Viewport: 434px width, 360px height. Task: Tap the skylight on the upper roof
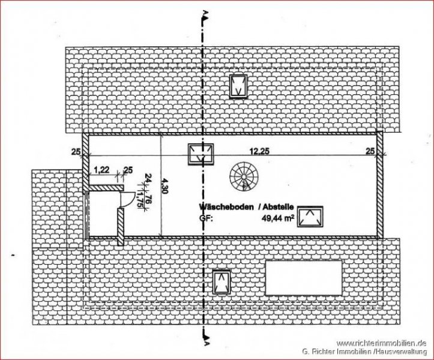[238, 86]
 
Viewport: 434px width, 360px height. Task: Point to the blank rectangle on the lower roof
[303, 278]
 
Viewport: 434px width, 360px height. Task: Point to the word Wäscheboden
[223, 208]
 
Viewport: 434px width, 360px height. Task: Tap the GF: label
[206, 219]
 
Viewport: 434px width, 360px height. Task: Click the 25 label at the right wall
[370, 151]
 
